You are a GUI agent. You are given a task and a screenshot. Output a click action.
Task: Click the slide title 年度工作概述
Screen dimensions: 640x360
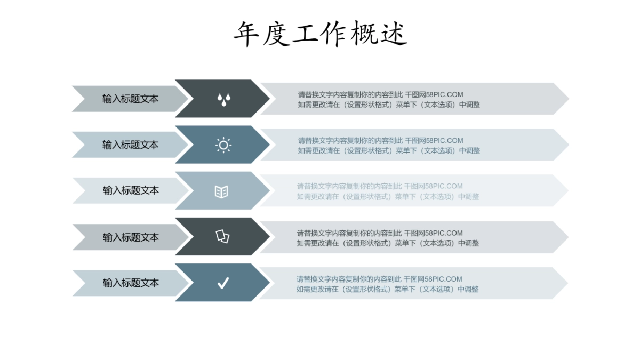320,34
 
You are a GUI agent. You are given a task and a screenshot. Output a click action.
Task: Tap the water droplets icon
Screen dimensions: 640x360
223,99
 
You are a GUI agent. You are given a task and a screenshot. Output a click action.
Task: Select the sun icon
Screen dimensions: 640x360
223,145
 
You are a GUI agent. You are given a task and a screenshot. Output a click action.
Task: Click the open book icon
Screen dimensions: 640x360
221,191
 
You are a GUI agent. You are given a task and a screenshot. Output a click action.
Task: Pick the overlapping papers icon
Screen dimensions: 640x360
222,236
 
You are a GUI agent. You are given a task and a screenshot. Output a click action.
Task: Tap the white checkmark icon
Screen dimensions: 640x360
223,283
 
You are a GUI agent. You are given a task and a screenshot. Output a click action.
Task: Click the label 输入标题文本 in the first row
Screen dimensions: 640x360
130,99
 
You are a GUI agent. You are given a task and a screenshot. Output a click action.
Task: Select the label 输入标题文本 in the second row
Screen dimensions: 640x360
130,145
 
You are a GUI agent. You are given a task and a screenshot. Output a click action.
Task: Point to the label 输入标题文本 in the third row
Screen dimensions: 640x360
131,190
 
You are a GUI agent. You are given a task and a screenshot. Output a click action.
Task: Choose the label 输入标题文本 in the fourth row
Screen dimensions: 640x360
131,237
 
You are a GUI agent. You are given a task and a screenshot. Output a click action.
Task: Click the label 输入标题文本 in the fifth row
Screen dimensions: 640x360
131,283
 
